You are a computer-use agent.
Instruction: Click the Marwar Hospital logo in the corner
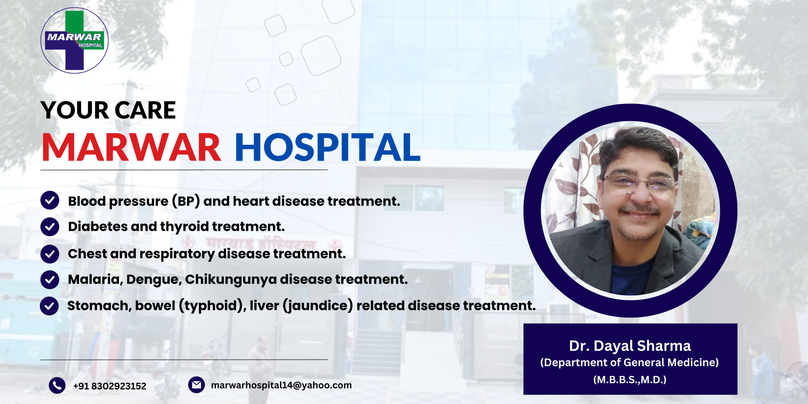click(74, 40)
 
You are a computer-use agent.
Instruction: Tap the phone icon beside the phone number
click(57, 385)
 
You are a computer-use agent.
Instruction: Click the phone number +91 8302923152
click(110, 386)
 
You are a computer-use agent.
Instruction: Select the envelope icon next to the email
click(196, 385)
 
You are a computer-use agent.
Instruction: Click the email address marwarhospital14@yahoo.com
click(281, 385)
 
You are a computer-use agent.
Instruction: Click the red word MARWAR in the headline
click(131, 147)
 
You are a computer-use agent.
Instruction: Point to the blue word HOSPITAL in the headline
click(328, 147)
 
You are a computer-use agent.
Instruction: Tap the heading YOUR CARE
click(108, 110)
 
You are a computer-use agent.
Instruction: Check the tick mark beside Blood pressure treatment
click(50, 200)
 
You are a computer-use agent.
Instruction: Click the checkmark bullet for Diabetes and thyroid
click(50, 227)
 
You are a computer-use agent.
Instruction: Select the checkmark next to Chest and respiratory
click(50, 254)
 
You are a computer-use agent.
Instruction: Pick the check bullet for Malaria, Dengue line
click(50, 280)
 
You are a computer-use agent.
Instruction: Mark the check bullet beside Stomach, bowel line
click(49, 306)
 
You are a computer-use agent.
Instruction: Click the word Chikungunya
click(230, 280)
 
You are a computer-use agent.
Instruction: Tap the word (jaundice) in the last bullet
click(318, 306)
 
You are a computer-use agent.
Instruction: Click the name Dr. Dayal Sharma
click(630, 346)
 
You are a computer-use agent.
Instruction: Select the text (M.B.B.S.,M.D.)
click(630, 379)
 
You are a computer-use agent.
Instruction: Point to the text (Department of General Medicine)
click(630, 363)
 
